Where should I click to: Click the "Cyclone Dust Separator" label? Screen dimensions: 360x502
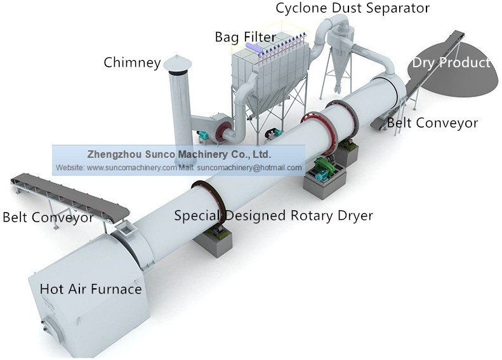(x=352, y=8)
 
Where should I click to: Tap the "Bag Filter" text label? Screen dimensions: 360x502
(x=245, y=37)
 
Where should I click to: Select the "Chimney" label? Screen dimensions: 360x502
(x=132, y=62)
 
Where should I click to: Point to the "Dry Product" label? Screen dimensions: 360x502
(x=451, y=63)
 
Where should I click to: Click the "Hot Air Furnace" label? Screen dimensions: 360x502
(x=90, y=289)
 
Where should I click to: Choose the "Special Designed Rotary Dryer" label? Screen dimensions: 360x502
(x=274, y=215)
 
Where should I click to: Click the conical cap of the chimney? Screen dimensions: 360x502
(x=177, y=62)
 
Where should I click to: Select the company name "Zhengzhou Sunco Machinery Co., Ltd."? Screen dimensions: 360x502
(x=178, y=154)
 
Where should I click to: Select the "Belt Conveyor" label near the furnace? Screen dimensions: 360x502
(x=48, y=218)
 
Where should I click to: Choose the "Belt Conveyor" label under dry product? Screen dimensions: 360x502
(x=432, y=123)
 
